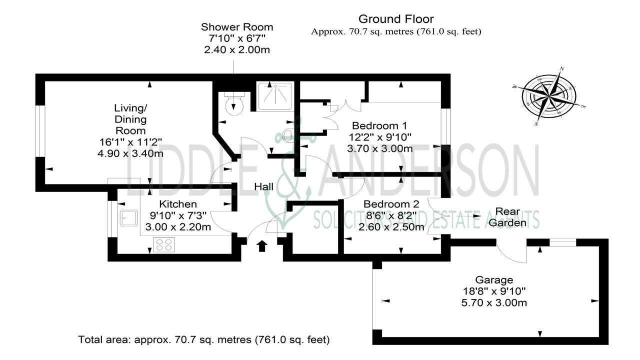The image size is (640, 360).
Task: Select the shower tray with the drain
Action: click(x=274, y=96)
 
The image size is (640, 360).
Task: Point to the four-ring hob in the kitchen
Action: click(x=164, y=245)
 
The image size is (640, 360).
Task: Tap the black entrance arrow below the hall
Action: click(x=261, y=246)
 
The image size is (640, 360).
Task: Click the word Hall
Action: click(x=263, y=186)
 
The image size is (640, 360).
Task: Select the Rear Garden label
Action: click(x=507, y=216)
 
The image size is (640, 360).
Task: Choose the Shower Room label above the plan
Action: click(x=237, y=27)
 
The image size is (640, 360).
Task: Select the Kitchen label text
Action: click(x=177, y=204)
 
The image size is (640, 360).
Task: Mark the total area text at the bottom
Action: click(x=204, y=340)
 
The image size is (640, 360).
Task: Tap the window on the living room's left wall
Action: click(x=40, y=131)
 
